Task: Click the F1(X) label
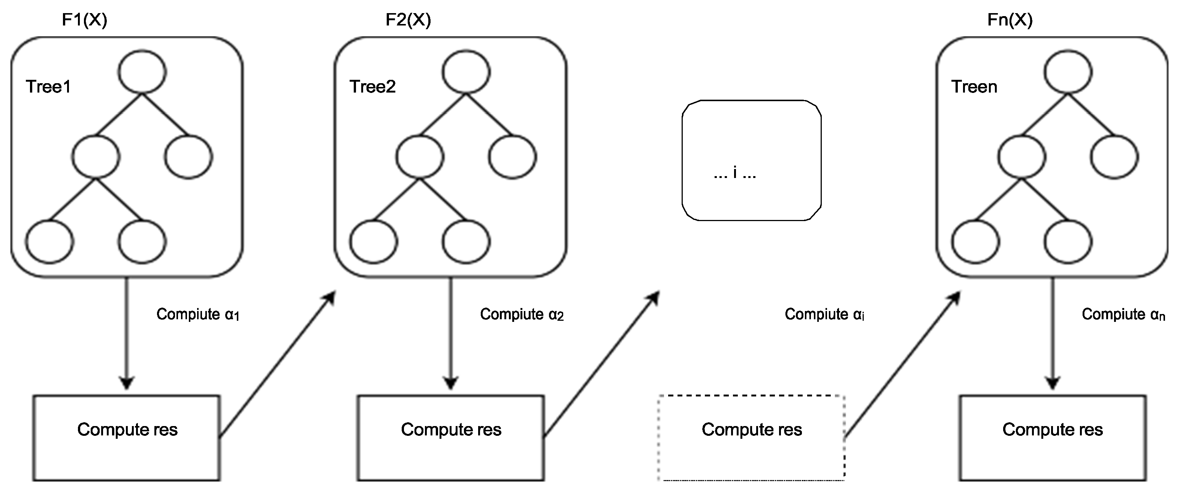[x=84, y=20]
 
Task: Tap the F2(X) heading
[x=408, y=20]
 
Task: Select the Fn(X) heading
[x=1010, y=20]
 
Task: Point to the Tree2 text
[x=372, y=87]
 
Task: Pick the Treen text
[x=974, y=87]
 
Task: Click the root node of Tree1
[x=142, y=72]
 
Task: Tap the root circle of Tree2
[x=466, y=72]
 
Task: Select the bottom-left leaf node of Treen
[x=975, y=241]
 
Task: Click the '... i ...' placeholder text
[x=735, y=173]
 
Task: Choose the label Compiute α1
[x=198, y=314]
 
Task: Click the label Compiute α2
[x=522, y=314]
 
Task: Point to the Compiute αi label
[x=824, y=314]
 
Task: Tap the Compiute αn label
[x=1123, y=314]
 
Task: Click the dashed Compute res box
[x=752, y=437]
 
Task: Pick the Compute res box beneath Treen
[x=1053, y=437]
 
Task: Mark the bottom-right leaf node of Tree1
[x=142, y=241]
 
